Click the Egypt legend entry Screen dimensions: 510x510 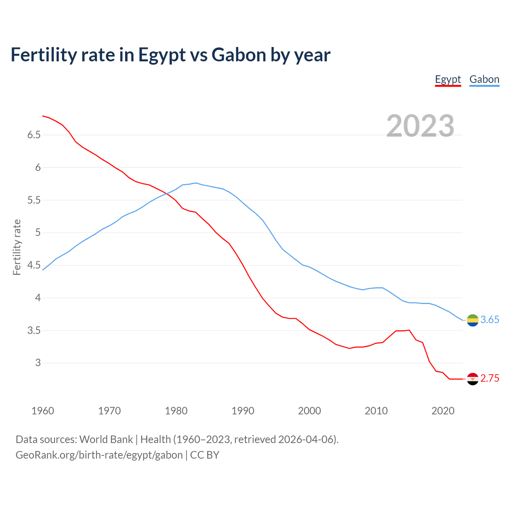448,79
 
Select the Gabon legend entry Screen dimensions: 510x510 484,79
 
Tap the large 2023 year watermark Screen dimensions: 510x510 420,126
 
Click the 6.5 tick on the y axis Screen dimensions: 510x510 34,135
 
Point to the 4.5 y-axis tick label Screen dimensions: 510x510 34,265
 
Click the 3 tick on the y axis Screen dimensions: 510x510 38,363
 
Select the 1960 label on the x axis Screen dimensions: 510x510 43,411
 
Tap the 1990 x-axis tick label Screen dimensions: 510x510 243,411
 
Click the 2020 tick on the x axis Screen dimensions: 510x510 443,411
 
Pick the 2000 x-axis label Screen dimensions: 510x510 309,411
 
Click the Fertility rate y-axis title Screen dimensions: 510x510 17,247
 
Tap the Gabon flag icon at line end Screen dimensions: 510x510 473,320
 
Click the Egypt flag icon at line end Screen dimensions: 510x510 473,379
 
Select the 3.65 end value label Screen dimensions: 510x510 490,320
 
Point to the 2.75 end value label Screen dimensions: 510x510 490,379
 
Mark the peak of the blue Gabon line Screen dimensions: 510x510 196,183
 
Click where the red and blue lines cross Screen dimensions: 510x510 166,194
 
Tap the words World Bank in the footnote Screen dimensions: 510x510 106,439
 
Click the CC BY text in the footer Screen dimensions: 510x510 205,455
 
